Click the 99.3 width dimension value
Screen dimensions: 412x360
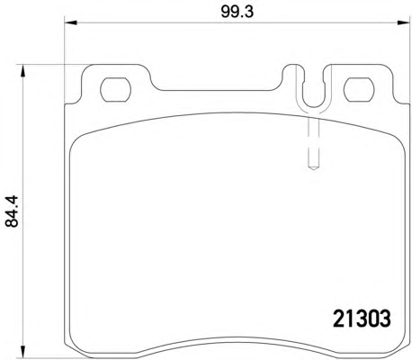237,12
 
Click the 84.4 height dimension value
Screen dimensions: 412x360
13,211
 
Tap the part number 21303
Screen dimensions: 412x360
363,319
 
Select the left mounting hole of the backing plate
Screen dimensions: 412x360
116,89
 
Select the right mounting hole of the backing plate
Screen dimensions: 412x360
359,89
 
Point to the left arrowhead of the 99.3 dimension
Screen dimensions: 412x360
71,22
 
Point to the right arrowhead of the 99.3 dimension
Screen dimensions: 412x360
403,22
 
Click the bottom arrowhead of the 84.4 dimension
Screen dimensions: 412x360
22,352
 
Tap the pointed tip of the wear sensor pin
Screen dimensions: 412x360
314,170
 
